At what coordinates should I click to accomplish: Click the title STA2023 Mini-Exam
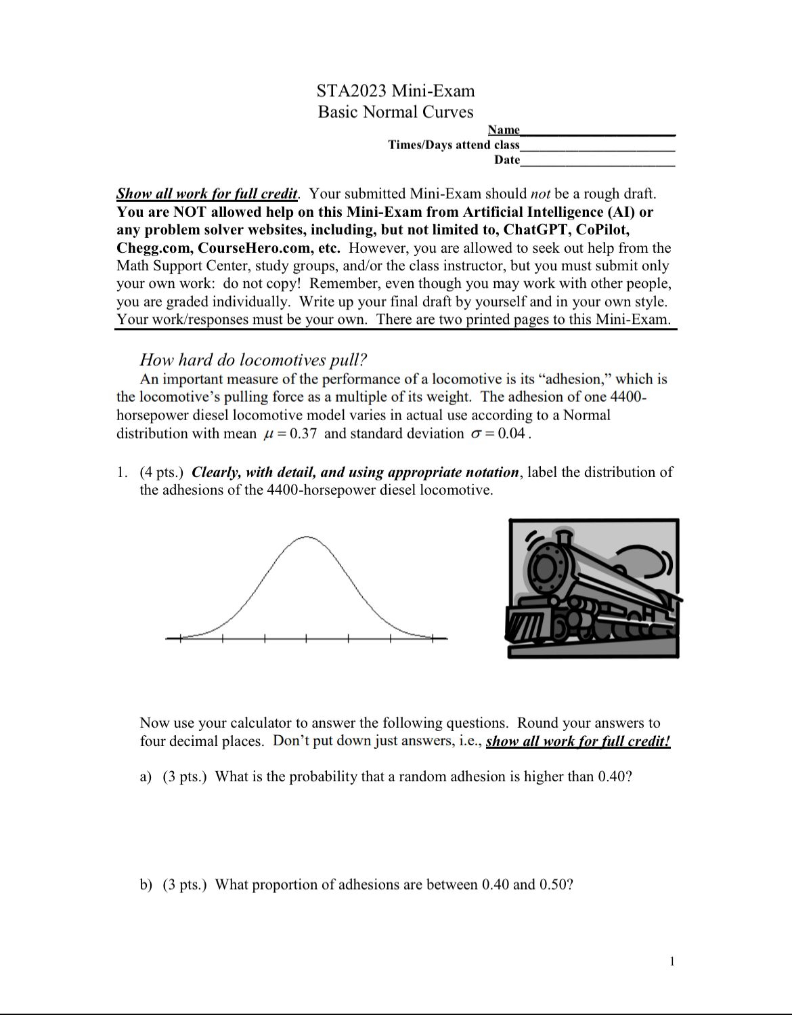point(395,91)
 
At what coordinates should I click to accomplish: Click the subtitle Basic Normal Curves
point(395,112)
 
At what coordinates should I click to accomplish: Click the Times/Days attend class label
point(454,145)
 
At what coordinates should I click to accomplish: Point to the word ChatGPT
point(535,230)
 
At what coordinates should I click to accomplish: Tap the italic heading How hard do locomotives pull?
point(253,360)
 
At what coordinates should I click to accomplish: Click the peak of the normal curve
point(306,537)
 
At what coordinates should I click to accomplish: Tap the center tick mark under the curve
point(306,638)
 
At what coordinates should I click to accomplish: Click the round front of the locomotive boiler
point(546,568)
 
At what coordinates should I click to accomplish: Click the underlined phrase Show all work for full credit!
point(577,741)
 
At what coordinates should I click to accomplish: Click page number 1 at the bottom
point(672,961)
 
